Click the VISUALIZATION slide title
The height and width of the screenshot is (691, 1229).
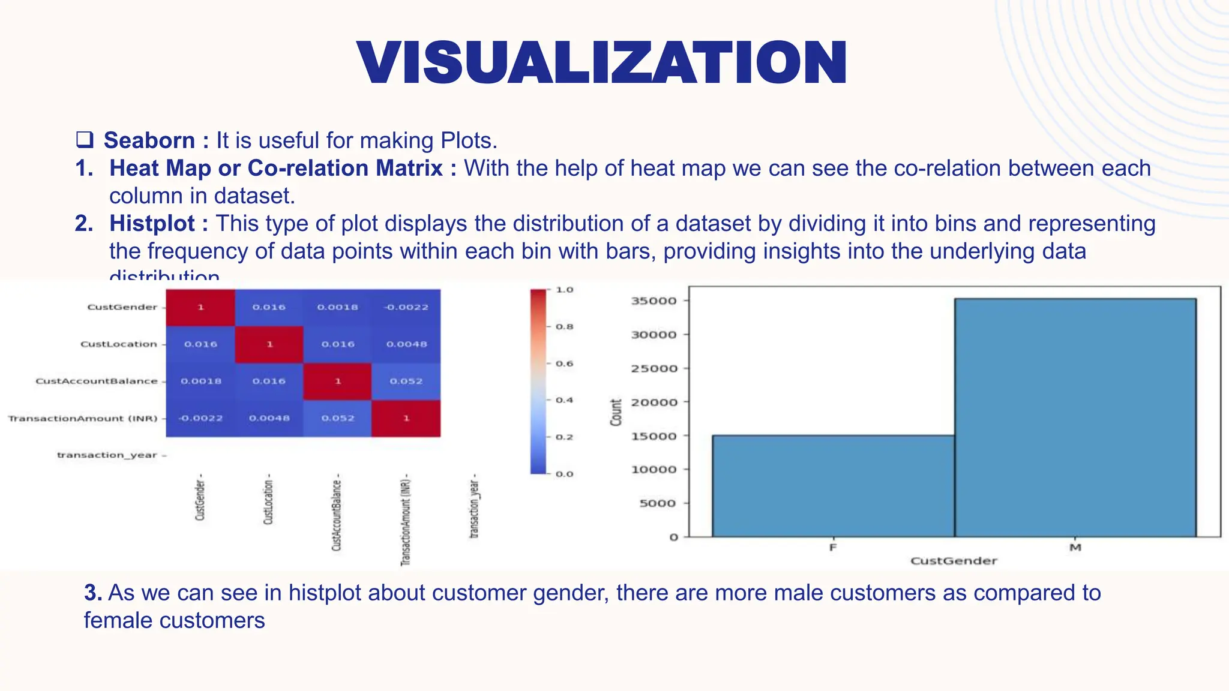602,63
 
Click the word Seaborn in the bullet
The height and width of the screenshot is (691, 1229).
149,140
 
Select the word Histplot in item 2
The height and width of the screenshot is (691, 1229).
152,223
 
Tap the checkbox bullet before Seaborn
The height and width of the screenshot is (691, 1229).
85,140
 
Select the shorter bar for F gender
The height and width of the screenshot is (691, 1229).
833,485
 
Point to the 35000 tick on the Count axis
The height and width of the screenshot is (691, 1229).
654,301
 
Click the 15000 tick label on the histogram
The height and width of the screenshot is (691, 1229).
654,436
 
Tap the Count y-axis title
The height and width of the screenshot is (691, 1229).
616,412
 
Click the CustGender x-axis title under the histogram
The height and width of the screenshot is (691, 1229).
954,561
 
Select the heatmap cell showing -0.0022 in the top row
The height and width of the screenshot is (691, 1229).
406,307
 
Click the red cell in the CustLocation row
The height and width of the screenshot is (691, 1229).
269,344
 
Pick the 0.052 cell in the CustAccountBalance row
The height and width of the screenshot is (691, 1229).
406,381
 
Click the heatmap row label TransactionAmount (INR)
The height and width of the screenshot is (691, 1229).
83,418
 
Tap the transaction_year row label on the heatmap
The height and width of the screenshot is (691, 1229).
107,455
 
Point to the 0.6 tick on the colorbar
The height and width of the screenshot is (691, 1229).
564,363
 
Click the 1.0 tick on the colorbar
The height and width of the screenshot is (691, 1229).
564,290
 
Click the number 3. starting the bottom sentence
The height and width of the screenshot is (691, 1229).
92,593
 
